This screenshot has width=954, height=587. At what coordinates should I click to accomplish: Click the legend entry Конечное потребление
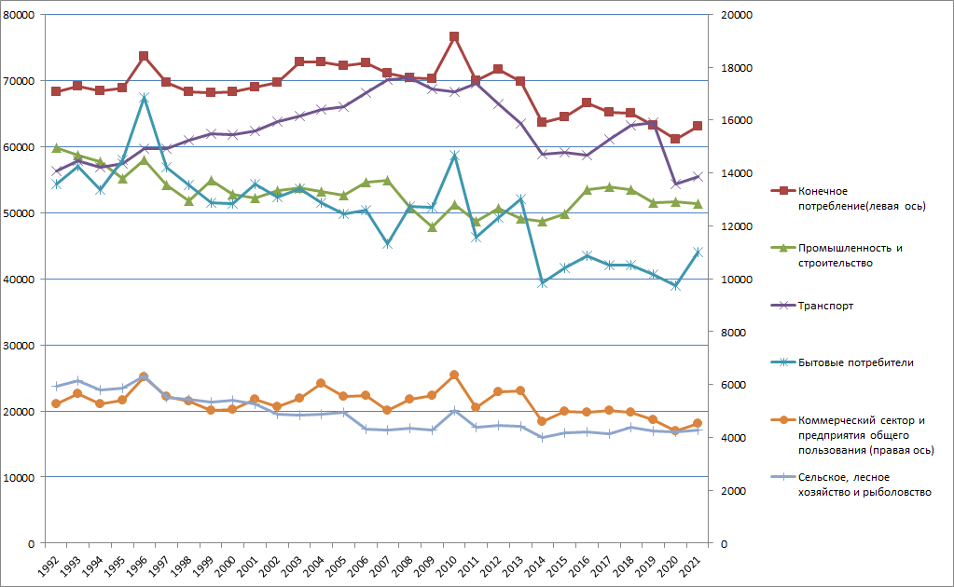click(848, 198)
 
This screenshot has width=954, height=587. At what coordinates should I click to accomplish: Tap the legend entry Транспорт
click(824, 306)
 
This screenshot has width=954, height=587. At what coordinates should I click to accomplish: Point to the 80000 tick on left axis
click(19, 16)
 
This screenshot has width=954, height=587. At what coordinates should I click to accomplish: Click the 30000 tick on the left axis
click(19, 346)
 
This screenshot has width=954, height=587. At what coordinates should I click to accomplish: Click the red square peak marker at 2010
click(454, 37)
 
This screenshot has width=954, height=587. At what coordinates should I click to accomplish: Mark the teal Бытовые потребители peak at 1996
click(145, 98)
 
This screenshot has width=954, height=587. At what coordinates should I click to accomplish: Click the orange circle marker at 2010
click(454, 375)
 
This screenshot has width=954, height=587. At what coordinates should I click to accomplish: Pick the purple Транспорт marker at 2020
click(675, 184)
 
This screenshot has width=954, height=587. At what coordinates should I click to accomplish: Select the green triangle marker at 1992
click(56, 148)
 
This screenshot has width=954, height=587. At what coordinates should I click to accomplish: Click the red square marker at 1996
click(145, 56)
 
